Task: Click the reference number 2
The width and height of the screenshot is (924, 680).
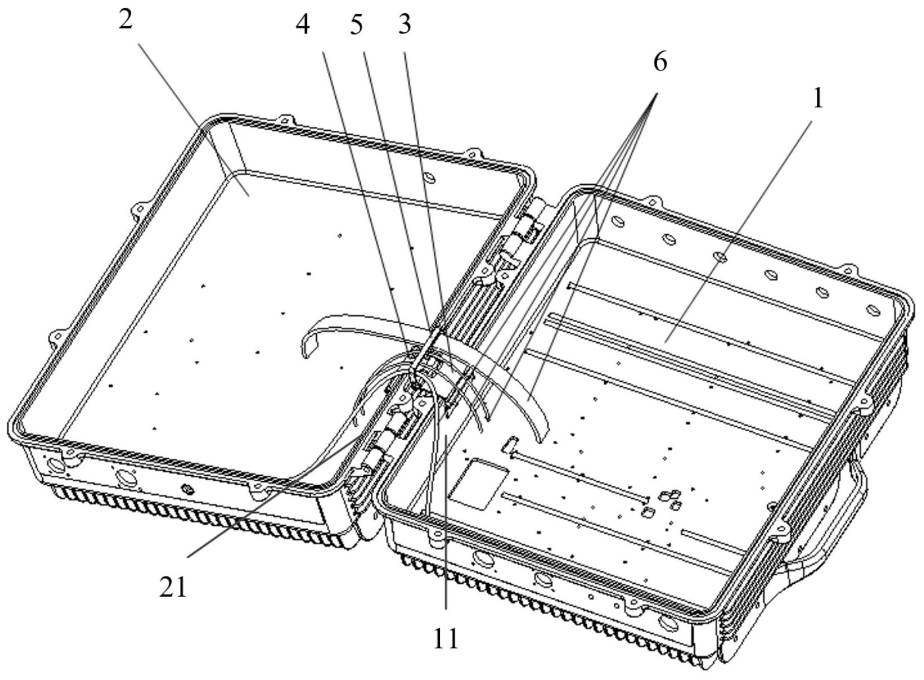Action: pyautogui.click(x=126, y=19)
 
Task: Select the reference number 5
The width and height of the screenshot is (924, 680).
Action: pyautogui.click(x=356, y=25)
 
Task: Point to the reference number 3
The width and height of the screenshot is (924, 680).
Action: pyautogui.click(x=404, y=25)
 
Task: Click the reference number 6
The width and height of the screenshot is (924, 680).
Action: pyautogui.click(x=660, y=63)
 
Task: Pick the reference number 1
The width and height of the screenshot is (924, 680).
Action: pyautogui.click(x=817, y=98)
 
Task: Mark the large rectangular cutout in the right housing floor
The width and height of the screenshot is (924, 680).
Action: pyautogui.click(x=478, y=482)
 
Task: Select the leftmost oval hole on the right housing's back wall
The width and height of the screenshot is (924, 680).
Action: pyautogui.click(x=618, y=221)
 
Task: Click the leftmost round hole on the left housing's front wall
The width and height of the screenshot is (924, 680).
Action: pyautogui.click(x=55, y=465)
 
